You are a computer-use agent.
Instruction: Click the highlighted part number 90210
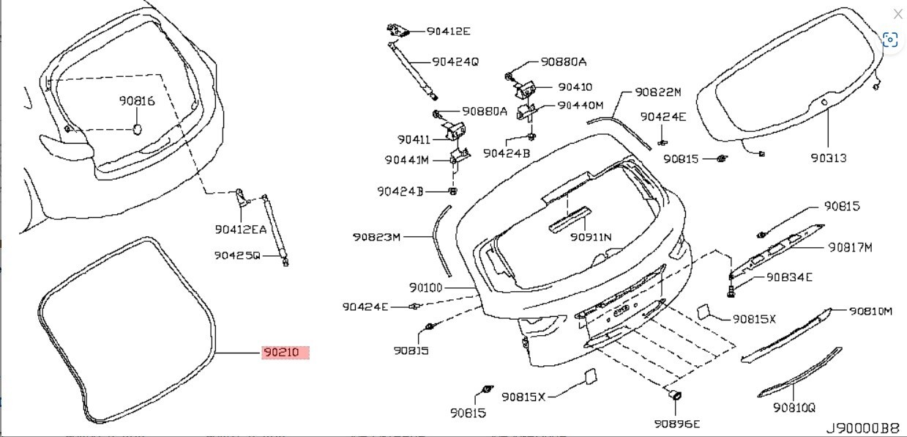[285, 353]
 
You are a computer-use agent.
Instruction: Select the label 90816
[137, 101]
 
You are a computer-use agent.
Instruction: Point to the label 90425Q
[237, 256]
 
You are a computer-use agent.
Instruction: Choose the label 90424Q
[455, 62]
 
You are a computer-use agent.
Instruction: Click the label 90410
[575, 87]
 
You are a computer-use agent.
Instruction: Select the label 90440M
[581, 106]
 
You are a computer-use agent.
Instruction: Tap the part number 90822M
[658, 92]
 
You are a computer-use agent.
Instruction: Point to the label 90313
[829, 158]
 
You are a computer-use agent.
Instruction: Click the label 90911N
[591, 237]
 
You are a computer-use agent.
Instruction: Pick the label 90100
[425, 288]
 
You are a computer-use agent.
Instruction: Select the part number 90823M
[376, 237]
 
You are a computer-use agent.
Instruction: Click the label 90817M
[851, 247]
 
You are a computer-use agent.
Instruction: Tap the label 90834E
[788, 277]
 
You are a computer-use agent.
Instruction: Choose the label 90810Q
[794, 408]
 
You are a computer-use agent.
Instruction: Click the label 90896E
[677, 424]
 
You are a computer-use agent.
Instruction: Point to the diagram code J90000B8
[862, 427]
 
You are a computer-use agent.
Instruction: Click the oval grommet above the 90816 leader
[137, 129]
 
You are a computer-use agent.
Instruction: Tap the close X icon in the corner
[897, 14]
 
